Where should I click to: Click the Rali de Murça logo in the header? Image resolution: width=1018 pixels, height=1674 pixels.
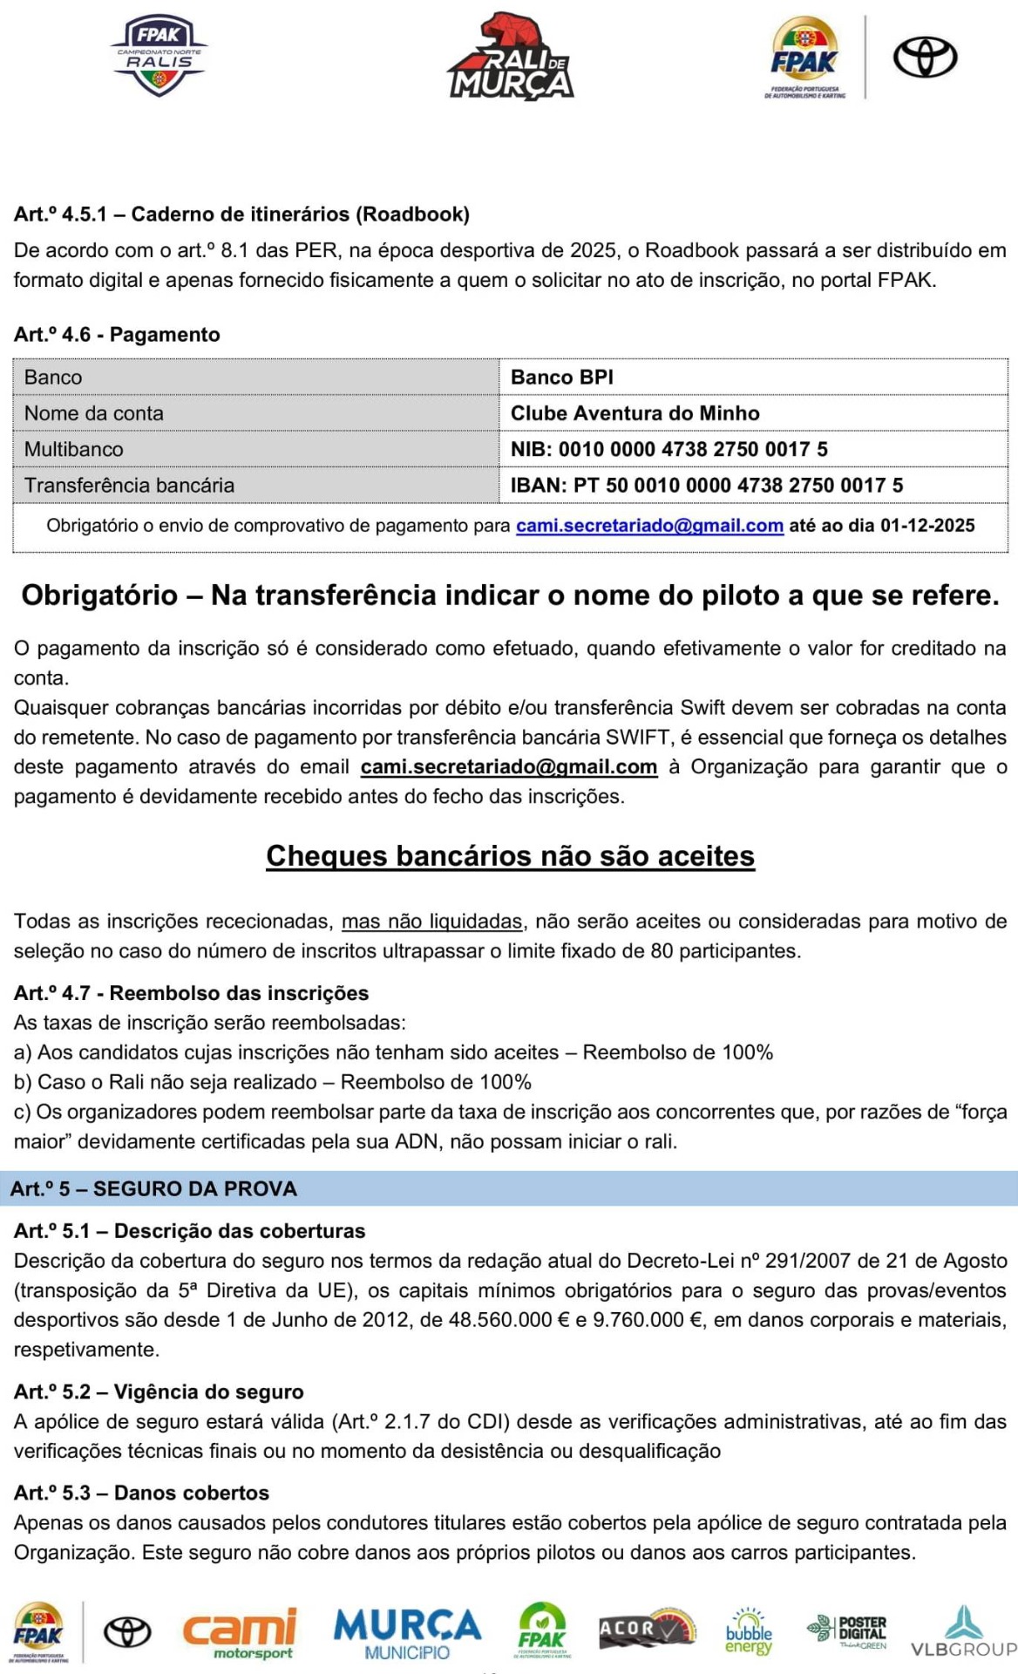tap(510, 58)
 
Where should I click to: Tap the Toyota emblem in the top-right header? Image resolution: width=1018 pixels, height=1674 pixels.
tap(925, 58)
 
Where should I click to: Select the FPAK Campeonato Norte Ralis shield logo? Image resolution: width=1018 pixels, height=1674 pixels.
tap(159, 56)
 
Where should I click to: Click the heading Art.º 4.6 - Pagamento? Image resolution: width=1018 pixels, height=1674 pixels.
tap(117, 335)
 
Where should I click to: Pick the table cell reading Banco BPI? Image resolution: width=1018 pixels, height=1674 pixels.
tap(562, 378)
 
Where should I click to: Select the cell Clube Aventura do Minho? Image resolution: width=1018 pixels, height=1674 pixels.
tap(635, 413)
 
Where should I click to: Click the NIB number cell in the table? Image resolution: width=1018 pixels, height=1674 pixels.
tap(668, 449)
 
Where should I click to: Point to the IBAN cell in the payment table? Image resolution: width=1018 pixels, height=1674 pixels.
tap(706, 486)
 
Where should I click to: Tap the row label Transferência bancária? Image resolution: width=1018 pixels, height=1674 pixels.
tap(129, 486)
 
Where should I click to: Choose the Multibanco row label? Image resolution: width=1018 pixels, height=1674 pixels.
tap(74, 449)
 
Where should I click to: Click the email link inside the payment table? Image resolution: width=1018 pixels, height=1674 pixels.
tap(649, 526)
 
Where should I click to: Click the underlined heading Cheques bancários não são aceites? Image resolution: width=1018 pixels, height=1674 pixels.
tap(510, 856)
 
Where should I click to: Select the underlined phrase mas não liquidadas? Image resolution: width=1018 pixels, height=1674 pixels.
tap(431, 922)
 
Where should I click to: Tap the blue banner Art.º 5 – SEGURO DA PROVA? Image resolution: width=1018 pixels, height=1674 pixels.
tap(153, 1189)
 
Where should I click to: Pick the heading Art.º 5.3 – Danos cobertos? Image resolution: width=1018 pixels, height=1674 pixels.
tap(141, 1493)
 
